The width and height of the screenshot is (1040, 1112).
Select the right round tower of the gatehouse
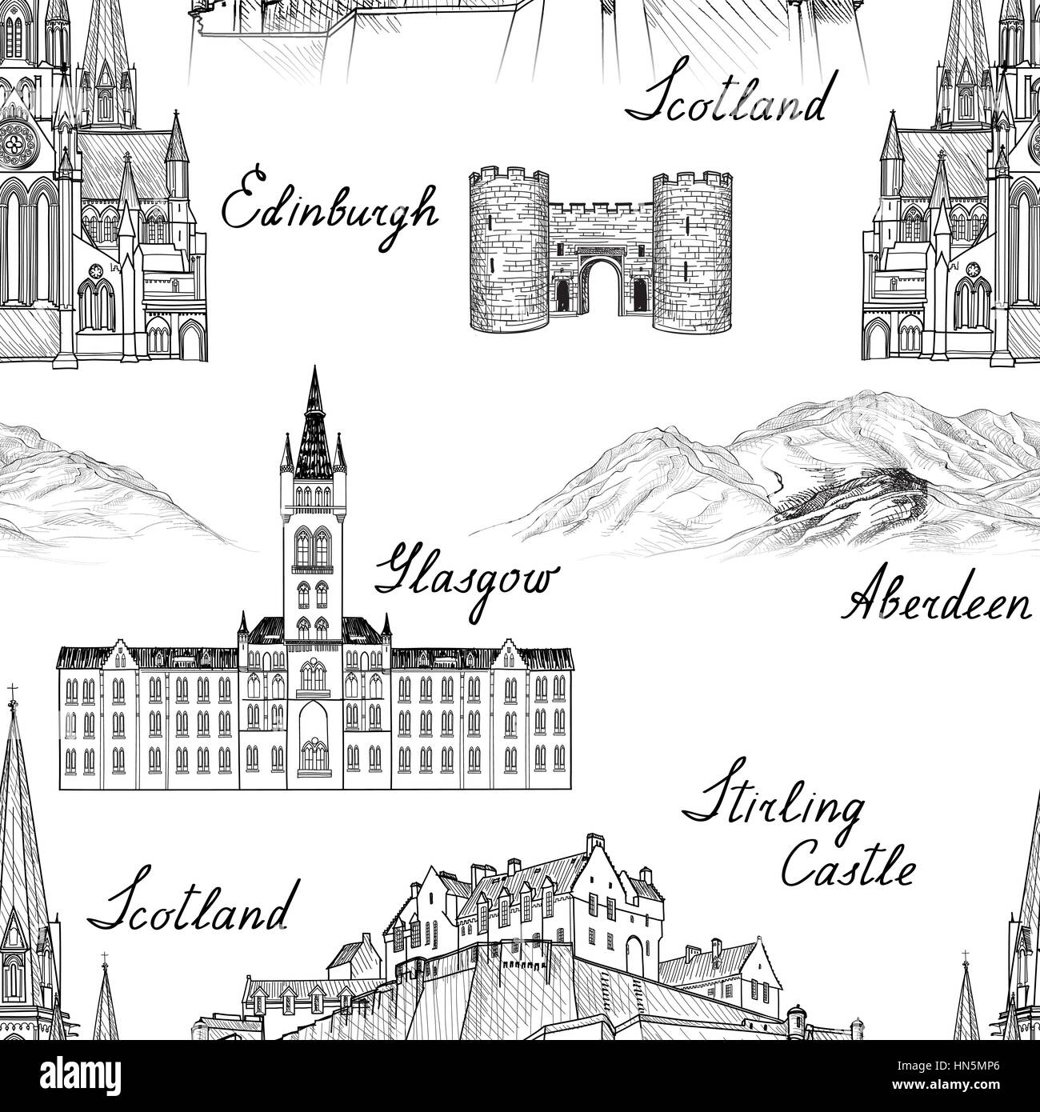(694, 250)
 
